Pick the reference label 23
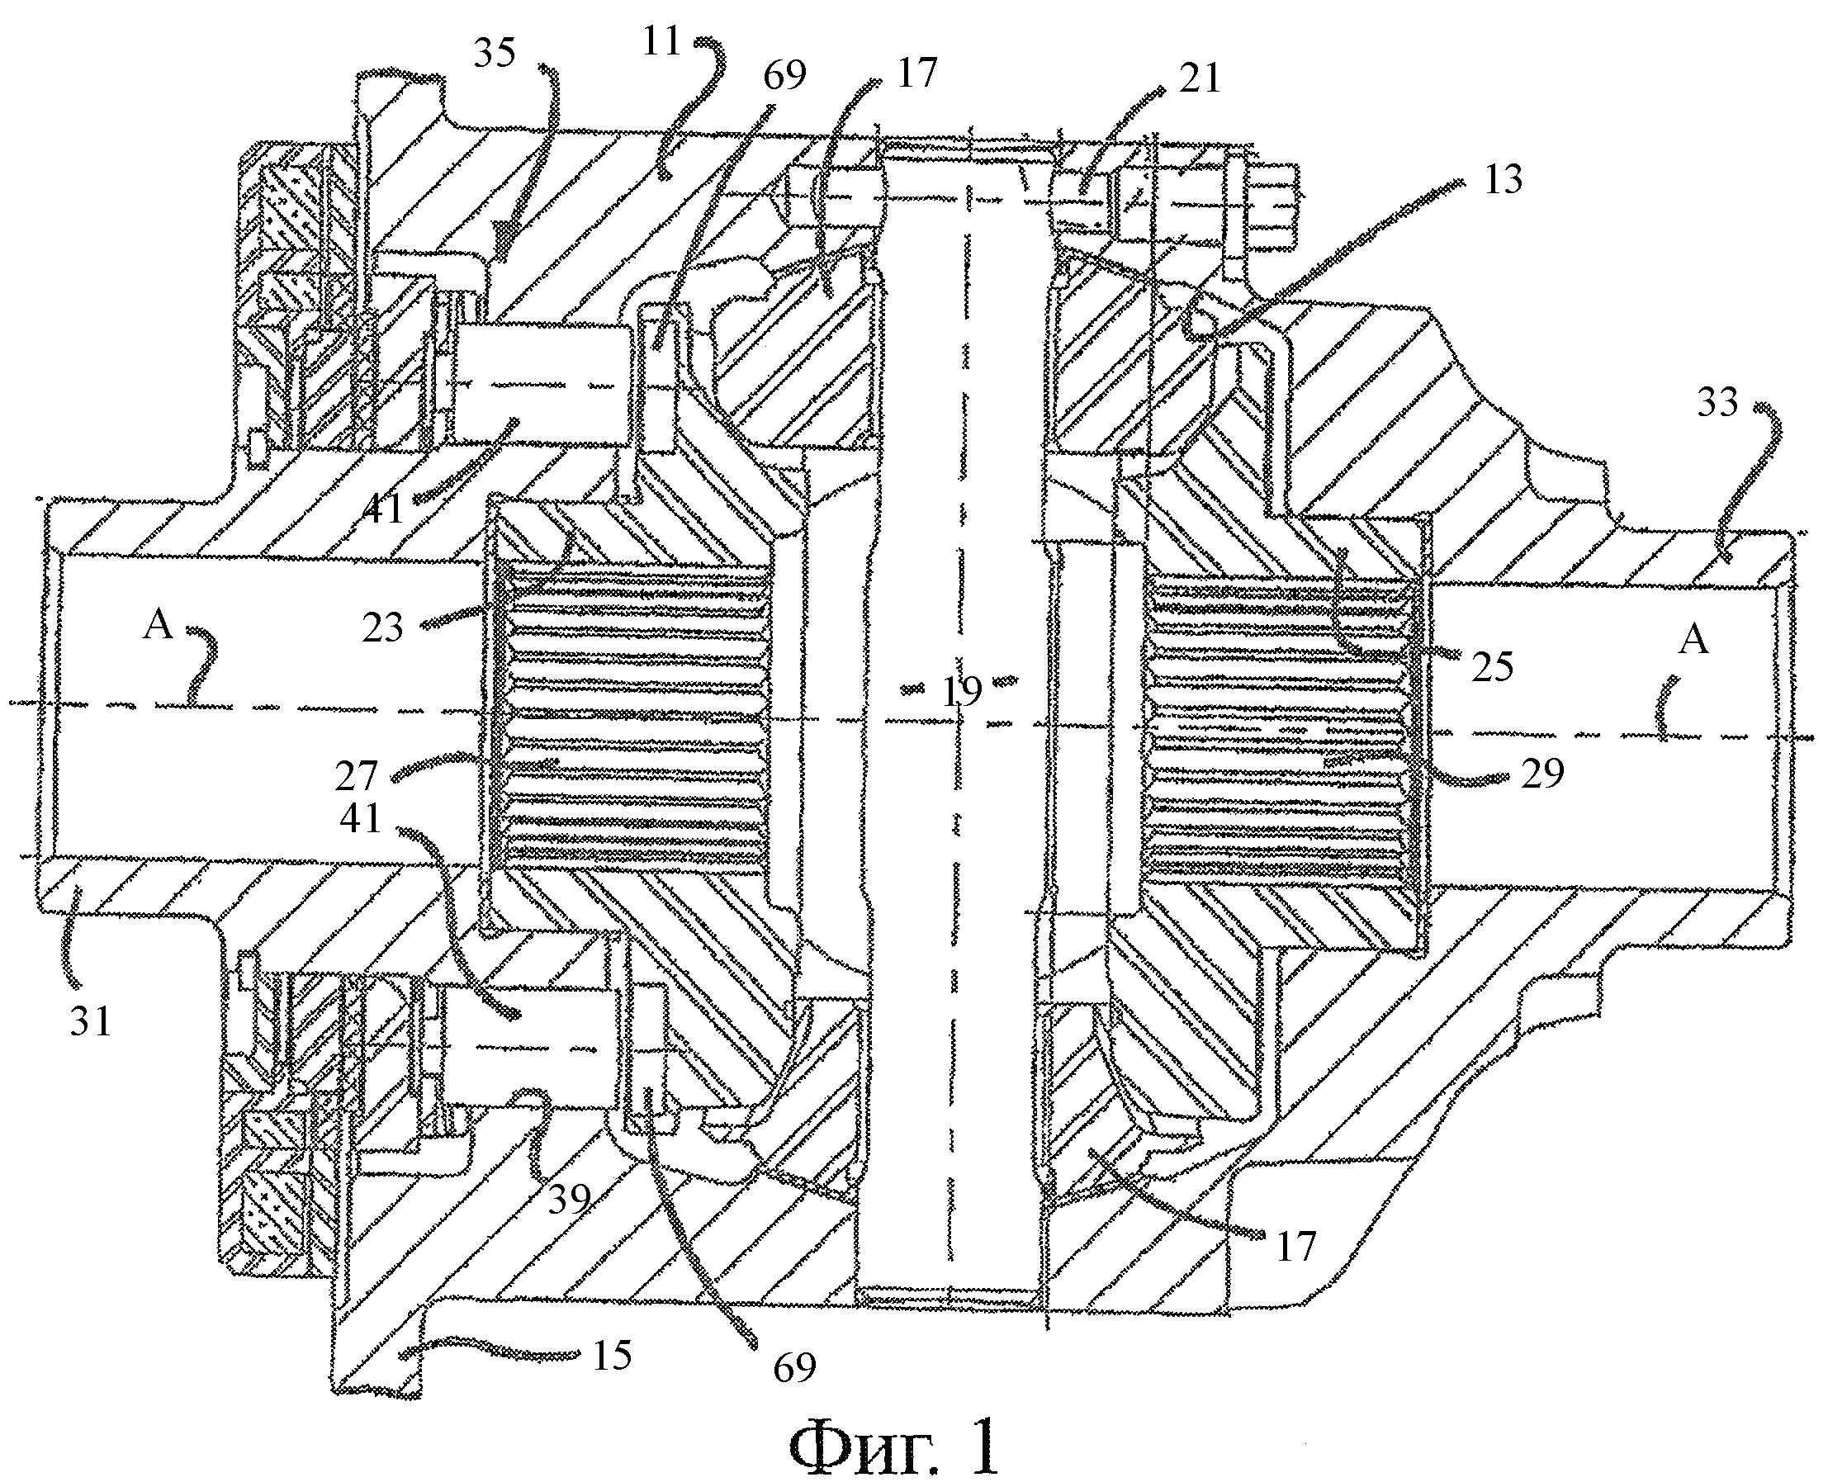pyautogui.click(x=381, y=628)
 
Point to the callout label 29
pyautogui.click(x=1542, y=774)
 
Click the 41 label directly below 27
pyautogui.click(x=360, y=819)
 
